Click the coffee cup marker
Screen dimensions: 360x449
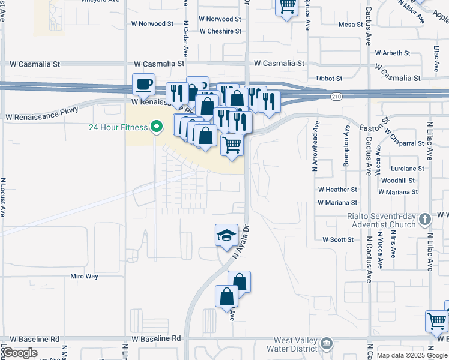[143, 84]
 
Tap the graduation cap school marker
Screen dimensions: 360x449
[227, 235]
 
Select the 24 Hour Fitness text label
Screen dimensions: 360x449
[118, 127]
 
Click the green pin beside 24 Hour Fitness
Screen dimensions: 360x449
[157, 127]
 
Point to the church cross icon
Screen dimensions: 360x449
[425, 220]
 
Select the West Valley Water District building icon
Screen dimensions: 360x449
[327, 344]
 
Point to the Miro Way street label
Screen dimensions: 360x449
[84, 276]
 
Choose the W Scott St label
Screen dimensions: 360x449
[338, 239]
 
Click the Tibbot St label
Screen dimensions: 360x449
[329, 79]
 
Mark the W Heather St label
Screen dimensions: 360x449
[338, 190]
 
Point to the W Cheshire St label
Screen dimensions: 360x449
[220, 31]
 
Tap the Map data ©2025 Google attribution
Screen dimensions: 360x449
[412, 355]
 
